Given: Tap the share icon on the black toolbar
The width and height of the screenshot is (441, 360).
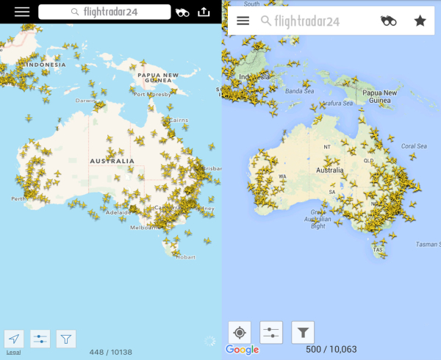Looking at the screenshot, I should pos(204,12).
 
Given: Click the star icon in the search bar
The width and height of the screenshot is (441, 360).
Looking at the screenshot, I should pos(420,21).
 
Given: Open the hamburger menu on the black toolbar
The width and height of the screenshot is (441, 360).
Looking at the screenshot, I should pos(22,12).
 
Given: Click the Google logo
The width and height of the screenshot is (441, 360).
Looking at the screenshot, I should pos(243,350).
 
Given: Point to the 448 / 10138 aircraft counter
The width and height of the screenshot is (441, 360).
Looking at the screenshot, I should pos(111,352).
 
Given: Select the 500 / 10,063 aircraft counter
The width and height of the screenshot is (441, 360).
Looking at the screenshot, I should pos(332,350).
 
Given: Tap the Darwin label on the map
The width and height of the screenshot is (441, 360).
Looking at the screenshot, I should pos(85,101).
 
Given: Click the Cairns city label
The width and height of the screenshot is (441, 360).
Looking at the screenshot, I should pos(179,119).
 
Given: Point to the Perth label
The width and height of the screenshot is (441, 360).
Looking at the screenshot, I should pos(19,198).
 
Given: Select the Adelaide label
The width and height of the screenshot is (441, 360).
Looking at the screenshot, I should pos(119,212).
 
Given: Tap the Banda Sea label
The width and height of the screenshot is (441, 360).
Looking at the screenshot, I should pos(299,91).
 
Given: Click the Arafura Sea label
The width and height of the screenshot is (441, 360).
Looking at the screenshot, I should pos(340,104).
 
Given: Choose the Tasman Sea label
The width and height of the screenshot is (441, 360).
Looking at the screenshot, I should pos(426,243).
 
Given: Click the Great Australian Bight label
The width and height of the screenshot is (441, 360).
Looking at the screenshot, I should pos(318,219).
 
